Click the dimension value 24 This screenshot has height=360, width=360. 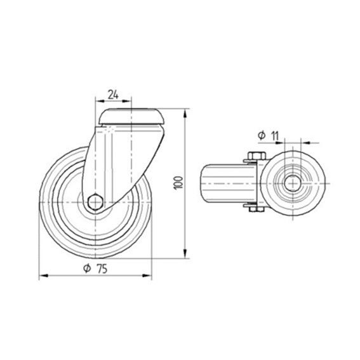113,95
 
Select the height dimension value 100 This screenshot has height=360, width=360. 178,182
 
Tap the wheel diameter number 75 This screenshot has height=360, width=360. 102,269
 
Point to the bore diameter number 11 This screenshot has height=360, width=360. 274,136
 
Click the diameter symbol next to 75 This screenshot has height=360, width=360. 87,268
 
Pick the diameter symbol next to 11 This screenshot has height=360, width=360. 262,135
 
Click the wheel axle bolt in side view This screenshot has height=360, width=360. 95,203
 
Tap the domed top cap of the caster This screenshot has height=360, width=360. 131,117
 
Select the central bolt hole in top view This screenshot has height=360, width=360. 293,183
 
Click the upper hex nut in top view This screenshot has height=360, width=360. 257,156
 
